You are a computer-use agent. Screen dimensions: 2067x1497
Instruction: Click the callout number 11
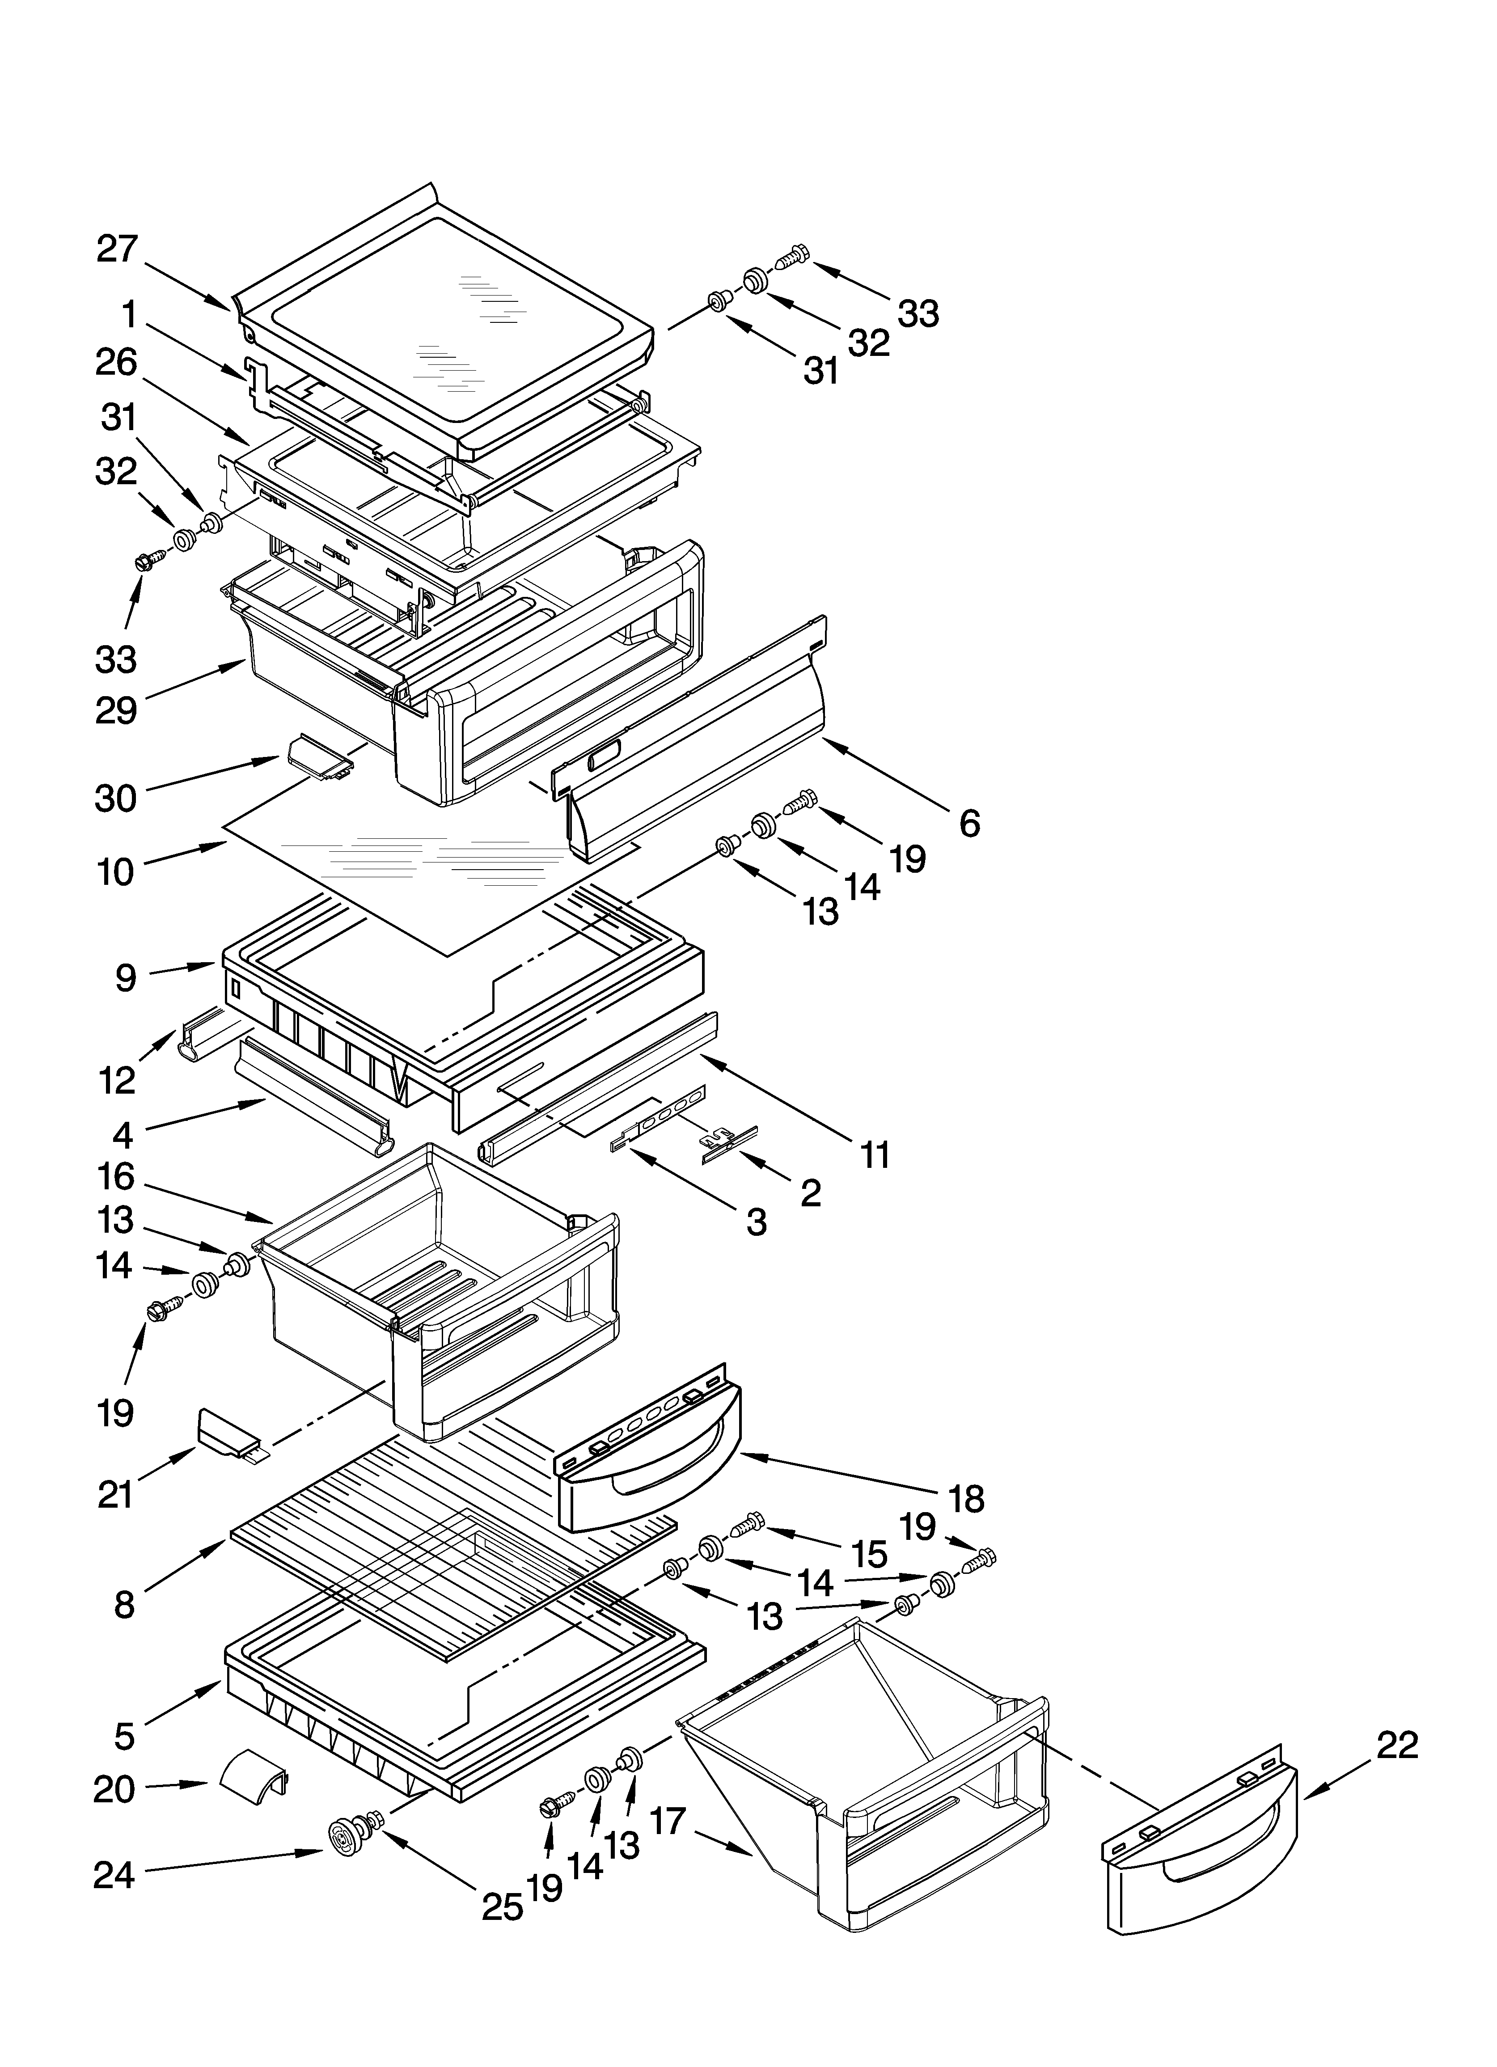[x=875, y=1155]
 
